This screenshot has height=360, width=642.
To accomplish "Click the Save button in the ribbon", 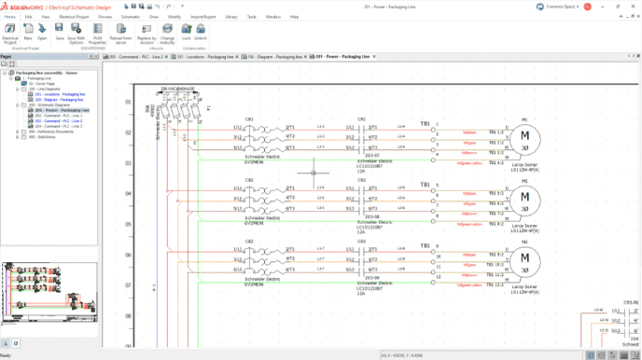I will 59,35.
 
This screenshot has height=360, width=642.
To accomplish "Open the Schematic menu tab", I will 131,17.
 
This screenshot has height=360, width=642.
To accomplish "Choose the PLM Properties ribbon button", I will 97,35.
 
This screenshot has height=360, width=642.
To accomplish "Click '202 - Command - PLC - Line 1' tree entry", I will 56,117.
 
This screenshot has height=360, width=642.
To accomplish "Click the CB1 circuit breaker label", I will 249,119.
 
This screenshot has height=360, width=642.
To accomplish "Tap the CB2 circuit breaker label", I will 249,180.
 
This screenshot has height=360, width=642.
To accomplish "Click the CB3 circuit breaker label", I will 249,241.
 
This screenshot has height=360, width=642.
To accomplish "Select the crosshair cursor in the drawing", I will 313,172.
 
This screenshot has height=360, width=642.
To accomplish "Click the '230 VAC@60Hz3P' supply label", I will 177,89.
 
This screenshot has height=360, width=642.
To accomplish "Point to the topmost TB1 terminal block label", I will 425,123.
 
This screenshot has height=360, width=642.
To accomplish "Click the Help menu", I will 295,17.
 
